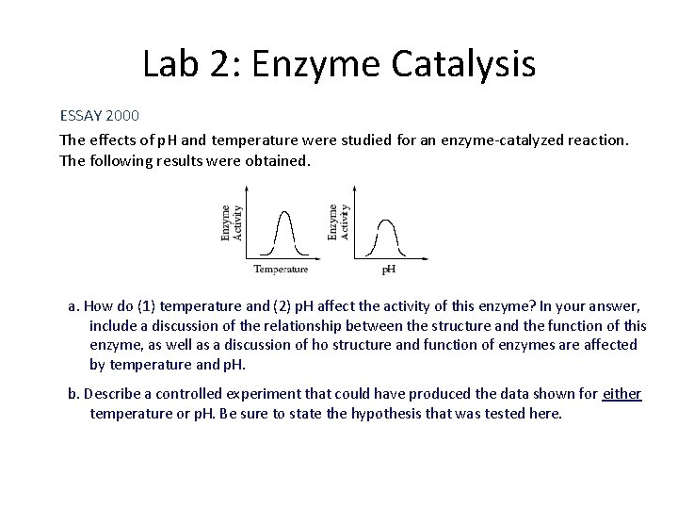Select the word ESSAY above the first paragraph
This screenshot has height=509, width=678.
[x=81, y=116]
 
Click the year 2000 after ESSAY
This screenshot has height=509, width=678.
[x=122, y=116]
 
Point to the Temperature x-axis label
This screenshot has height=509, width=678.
[x=281, y=270]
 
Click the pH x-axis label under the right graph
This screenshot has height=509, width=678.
[x=387, y=271]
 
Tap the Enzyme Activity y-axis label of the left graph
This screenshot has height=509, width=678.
[x=231, y=222]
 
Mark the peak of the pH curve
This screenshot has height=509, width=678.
[x=386, y=222]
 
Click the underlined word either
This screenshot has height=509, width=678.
[x=621, y=393]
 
